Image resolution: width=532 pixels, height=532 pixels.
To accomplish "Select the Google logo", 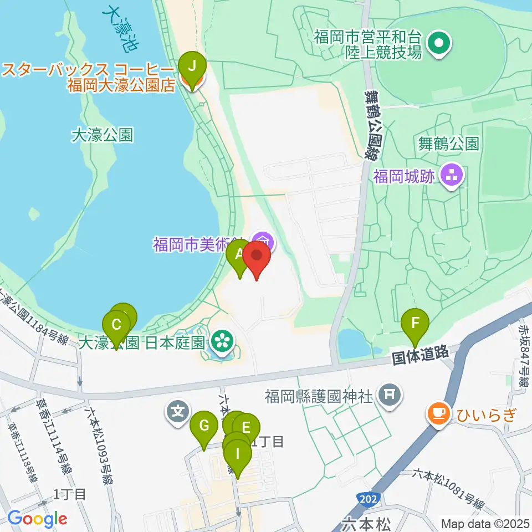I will point(37,519).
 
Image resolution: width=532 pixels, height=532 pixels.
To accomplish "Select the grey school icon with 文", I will point(177,412).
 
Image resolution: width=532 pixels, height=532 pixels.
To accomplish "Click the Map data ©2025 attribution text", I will point(484,523).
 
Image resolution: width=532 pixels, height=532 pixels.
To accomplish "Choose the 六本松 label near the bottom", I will point(359,523).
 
